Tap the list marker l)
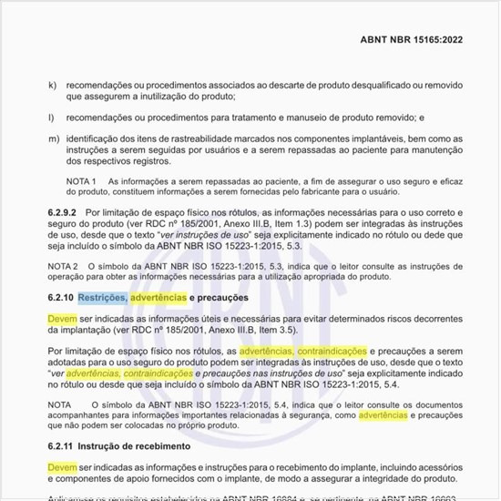49,118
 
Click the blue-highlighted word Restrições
102,298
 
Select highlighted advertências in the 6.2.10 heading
158,298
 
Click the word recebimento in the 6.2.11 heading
158,447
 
